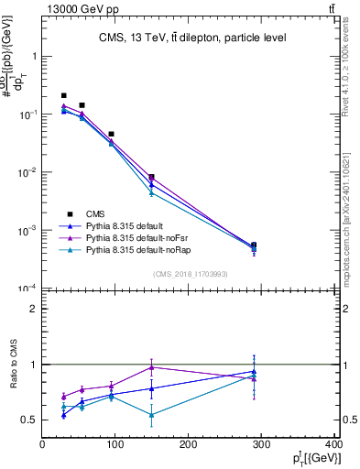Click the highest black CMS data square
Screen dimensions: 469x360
click(63, 95)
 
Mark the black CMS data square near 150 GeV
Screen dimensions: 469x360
click(152, 177)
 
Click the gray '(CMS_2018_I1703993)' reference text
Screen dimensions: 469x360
click(191, 273)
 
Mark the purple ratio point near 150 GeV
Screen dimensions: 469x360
click(152, 367)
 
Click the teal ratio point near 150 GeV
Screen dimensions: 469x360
click(152, 415)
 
